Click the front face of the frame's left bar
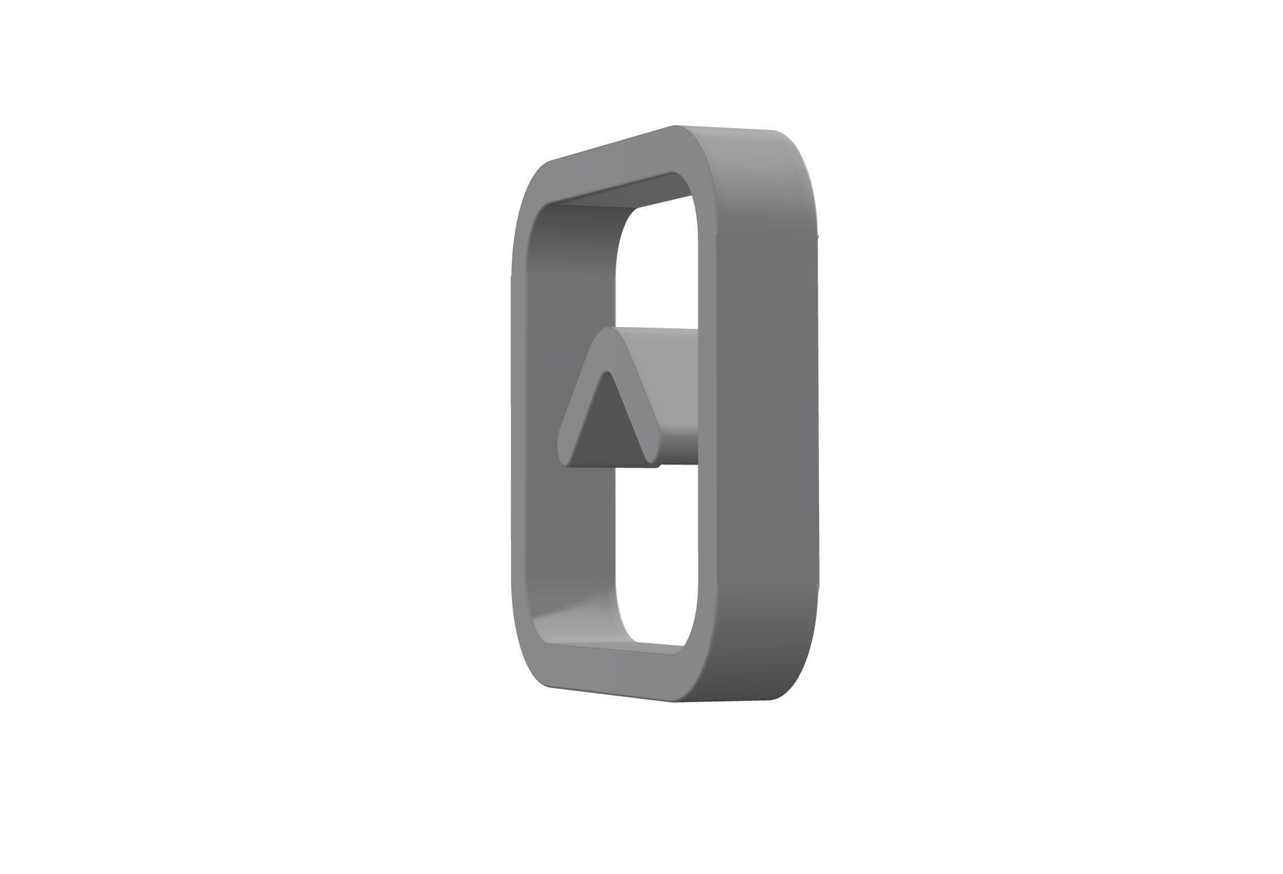(520, 420)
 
